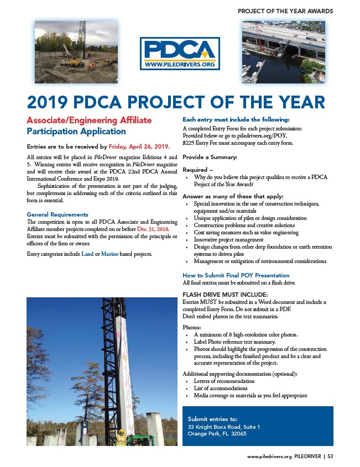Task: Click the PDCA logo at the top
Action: [x=180, y=53]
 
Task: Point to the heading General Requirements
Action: [x=58, y=214]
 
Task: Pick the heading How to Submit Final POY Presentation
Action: [x=236, y=275]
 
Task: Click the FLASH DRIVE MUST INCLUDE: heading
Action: [x=217, y=294]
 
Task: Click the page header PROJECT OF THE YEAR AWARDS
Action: [x=285, y=11]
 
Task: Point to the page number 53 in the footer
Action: [x=330, y=456]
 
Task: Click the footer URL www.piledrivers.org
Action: [x=269, y=456]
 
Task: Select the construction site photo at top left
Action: [x=76, y=51]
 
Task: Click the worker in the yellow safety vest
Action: [x=121, y=438]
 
